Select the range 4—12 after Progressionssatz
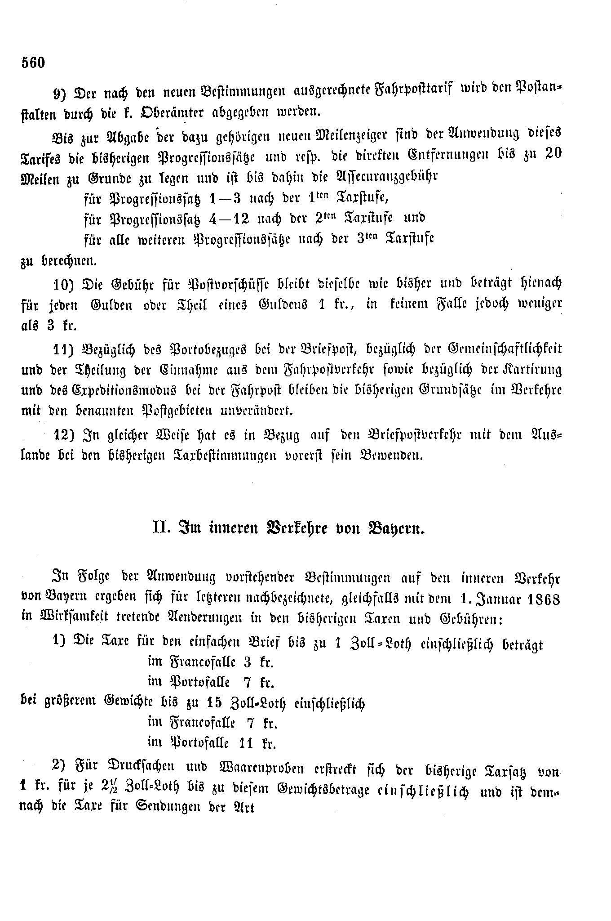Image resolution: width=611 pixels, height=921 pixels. (230, 217)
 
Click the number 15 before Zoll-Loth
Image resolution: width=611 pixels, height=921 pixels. (218, 702)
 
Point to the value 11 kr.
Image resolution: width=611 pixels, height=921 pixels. (257, 743)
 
